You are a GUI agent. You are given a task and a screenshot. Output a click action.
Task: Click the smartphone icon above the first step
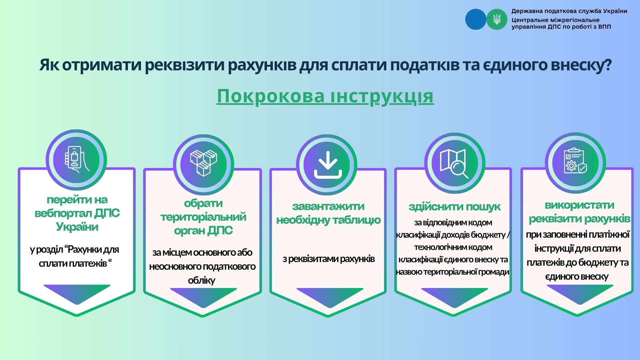(x=76, y=160)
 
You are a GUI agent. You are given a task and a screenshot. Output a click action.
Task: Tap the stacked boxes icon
(x=203, y=163)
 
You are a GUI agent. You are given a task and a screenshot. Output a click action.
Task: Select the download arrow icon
(x=328, y=165)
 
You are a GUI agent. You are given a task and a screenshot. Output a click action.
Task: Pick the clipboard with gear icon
(x=575, y=161)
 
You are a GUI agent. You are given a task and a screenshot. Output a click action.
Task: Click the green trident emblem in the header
(x=497, y=19)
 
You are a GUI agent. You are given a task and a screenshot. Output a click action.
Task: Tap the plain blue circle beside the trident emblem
(x=476, y=19)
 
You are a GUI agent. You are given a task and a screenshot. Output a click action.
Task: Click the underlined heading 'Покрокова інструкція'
(x=325, y=97)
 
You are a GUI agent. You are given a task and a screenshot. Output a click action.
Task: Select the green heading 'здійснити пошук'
(x=454, y=207)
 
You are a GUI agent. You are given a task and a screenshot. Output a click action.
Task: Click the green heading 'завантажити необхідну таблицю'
(x=328, y=213)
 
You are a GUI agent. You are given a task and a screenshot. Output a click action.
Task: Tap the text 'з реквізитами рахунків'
(x=329, y=259)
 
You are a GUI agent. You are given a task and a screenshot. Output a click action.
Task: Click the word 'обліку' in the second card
(x=202, y=280)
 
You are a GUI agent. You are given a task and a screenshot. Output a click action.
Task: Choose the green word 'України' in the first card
(x=77, y=227)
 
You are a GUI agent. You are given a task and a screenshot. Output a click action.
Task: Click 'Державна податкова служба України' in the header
(x=569, y=11)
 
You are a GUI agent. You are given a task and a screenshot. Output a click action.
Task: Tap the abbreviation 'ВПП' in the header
(x=605, y=27)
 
